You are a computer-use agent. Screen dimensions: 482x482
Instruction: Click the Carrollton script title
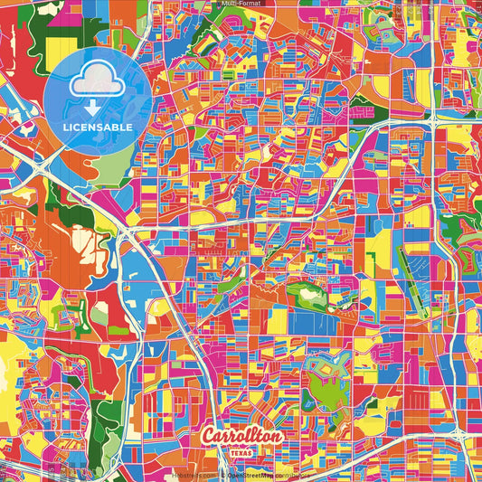click(242, 437)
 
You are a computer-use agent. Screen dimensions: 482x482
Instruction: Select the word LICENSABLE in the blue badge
click(98, 128)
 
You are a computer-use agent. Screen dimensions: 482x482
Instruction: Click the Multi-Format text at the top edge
click(241, 5)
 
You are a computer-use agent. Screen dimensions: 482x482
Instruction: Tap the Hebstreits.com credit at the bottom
click(192, 474)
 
